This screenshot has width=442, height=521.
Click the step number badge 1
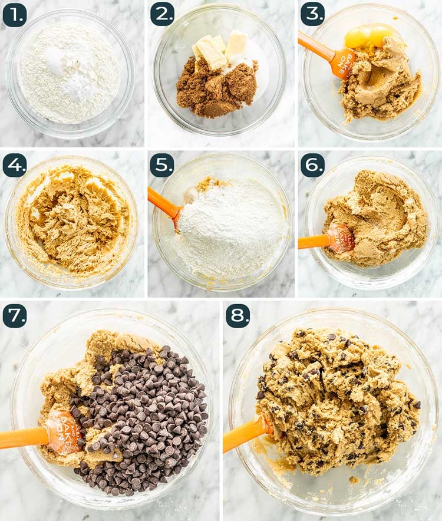pos(15,15)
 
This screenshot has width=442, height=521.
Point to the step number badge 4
pos(15,166)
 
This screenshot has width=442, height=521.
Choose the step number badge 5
pos(162,166)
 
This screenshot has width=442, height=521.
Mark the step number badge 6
pos(312,166)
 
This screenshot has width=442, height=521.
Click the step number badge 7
pos(15,316)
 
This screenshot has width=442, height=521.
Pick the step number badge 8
pos(238,316)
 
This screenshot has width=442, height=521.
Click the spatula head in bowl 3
pos(342,62)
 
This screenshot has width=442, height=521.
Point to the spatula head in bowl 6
pos(341,238)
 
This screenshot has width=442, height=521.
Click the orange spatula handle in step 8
pos(243,434)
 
